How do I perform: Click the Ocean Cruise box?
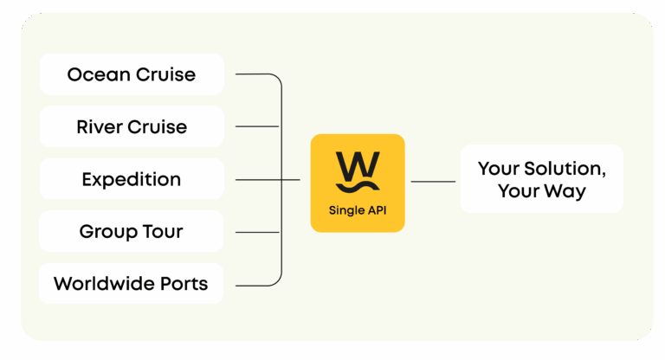(132, 74)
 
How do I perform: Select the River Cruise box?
(132, 127)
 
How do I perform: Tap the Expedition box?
(132, 180)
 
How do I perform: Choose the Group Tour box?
(132, 232)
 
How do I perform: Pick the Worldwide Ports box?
(132, 284)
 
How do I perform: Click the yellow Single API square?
(358, 183)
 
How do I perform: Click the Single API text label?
(358, 210)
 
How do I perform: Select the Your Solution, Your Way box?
(541, 179)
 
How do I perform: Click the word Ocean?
(95, 74)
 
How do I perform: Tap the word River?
(99, 127)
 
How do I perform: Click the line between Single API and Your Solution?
(433, 182)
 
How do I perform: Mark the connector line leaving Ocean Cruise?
(255, 74)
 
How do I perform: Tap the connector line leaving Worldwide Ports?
(255, 285)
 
